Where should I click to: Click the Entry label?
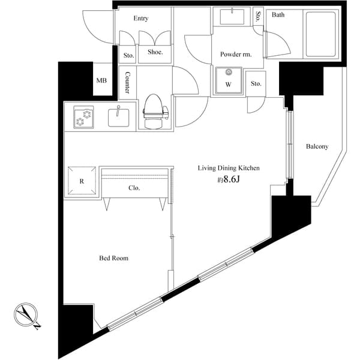[141, 19]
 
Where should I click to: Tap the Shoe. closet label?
[155, 52]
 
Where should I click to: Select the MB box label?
[101, 80]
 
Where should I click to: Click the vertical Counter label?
[128, 83]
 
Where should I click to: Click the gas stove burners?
[83, 116]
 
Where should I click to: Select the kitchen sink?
[120, 116]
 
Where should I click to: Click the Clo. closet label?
[134, 188]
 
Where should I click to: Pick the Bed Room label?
[114, 259]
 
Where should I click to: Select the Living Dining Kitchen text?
[229, 169]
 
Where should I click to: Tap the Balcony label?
[317, 146]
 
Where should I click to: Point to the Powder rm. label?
[235, 54]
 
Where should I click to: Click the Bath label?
[278, 15]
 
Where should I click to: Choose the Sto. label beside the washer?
[256, 83]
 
